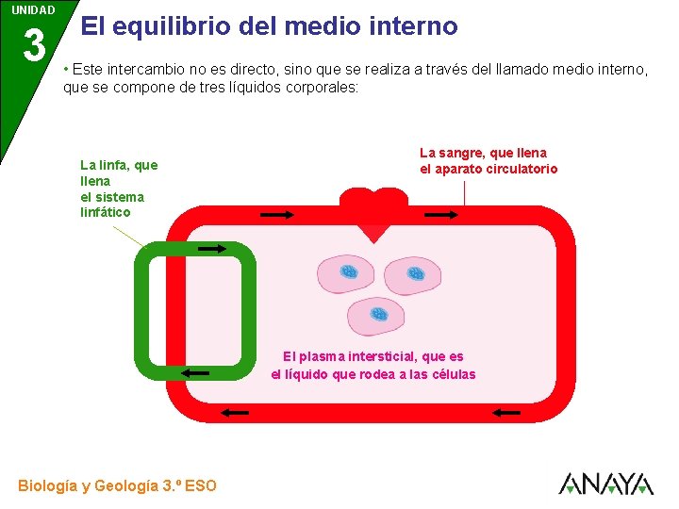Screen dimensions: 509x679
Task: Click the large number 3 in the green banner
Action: tap(34, 44)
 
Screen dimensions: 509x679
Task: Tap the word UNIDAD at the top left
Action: tap(34, 9)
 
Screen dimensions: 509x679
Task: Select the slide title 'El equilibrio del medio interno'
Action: tap(269, 25)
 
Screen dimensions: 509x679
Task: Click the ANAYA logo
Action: tap(605, 484)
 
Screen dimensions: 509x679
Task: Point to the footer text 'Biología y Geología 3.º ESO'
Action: tap(117, 486)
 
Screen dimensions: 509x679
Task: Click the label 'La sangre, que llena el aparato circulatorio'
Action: tap(488, 161)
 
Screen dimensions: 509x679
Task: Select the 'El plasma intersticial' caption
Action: tap(373, 366)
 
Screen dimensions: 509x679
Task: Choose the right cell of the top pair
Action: tap(412, 275)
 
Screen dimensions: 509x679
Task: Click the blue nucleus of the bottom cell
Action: tap(379, 313)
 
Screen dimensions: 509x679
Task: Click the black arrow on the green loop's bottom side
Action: tap(195, 373)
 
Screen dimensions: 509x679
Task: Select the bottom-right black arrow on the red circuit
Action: tap(506, 412)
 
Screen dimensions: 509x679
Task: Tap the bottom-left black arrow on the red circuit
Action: tap(235, 412)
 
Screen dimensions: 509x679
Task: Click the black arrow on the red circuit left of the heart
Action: tap(277, 215)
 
